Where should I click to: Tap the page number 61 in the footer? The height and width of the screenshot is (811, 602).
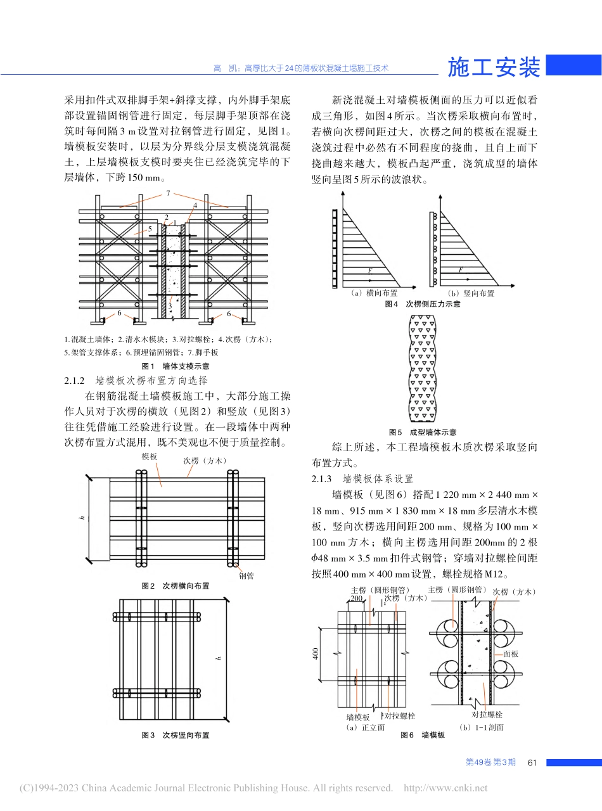click(532, 762)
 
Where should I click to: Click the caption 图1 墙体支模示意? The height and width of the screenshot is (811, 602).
click(176, 366)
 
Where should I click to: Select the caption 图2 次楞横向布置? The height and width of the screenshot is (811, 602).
click(176, 586)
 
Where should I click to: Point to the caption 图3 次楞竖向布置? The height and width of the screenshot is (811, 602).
click(176, 735)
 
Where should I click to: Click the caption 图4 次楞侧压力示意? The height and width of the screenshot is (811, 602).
click(423, 304)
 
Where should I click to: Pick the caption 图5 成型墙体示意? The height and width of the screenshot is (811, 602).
click(423, 432)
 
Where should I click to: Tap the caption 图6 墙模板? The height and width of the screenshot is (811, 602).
click(423, 735)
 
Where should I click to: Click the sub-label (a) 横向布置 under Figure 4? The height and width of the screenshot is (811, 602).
click(374, 293)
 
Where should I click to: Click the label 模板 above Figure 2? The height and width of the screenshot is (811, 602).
click(150, 456)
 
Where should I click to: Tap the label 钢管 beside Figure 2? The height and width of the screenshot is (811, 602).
click(247, 576)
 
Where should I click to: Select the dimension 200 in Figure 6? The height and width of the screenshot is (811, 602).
click(356, 598)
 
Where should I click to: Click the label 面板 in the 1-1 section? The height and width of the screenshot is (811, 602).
click(511, 653)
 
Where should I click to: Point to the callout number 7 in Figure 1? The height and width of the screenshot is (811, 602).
click(168, 192)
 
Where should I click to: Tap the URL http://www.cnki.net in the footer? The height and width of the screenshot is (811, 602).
click(445, 788)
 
